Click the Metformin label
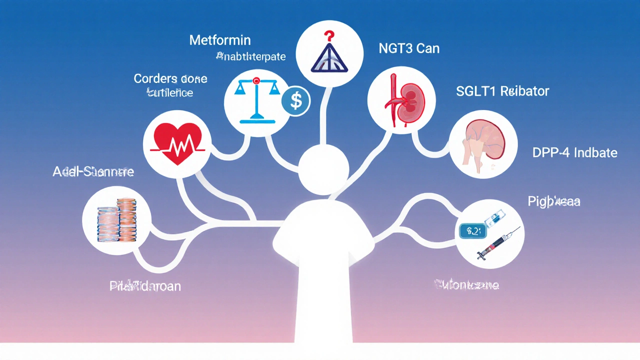coord(220,40)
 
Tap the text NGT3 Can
coord(409,49)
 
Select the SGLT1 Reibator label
coord(502,91)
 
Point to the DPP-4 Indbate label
coord(575,153)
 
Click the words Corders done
coord(170,79)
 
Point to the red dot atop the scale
coord(256,80)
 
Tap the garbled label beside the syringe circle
coord(554,201)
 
